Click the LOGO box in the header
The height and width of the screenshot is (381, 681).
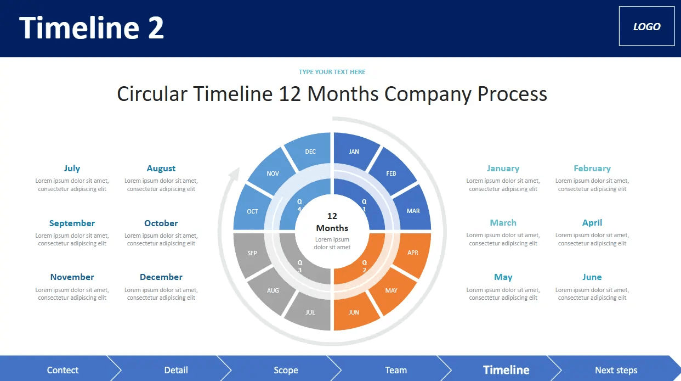coord(646,26)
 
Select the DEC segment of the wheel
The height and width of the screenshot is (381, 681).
coord(310,152)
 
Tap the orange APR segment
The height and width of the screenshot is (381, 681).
coord(412,253)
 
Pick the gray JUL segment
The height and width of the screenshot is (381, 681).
coord(310,312)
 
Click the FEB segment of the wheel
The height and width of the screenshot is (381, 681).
coord(391,173)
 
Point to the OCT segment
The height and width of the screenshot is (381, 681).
coord(252,211)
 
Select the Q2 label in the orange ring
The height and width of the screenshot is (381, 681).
coord(364,266)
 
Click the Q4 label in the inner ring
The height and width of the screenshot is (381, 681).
coord(299,205)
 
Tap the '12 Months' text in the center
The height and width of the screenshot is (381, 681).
coord(332,222)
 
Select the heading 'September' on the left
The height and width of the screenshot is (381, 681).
coord(72,223)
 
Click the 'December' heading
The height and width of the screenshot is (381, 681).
coord(161,277)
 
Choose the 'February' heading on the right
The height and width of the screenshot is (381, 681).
coord(592,169)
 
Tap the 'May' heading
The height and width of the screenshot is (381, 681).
coord(503,277)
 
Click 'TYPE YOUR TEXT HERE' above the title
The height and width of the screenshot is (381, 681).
coord(332,72)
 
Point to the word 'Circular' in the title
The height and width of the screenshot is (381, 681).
coord(152,94)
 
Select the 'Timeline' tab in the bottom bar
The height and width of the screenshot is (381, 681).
coord(506,370)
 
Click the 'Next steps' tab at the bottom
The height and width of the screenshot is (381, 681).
coord(616,370)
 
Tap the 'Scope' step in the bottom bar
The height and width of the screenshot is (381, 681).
coord(286,370)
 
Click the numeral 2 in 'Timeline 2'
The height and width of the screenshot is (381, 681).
coord(155,27)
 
